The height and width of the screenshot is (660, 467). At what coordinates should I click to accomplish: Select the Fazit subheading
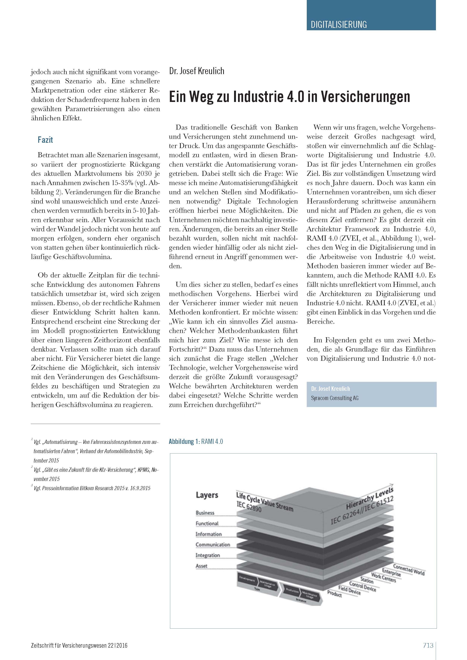(x=45, y=140)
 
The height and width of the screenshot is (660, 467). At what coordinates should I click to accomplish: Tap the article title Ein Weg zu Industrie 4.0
(x=289, y=97)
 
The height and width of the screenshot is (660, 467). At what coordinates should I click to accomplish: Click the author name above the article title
(x=197, y=71)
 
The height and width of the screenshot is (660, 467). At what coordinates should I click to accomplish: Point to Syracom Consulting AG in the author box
(x=335, y=398)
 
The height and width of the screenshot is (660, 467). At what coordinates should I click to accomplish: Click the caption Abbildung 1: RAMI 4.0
(x=196, y=441)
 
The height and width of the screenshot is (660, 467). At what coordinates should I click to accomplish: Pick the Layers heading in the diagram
(x=207, y=495)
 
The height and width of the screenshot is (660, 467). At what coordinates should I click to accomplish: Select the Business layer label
(x=205, y=513)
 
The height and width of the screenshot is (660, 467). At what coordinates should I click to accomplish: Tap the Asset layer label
(x=201, y=566)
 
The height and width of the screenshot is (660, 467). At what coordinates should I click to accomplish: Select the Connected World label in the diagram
(x=409, y=569)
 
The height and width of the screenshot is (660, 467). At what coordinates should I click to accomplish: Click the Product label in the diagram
(x=334, y=593)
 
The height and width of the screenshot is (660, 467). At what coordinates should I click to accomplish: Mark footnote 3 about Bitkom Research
(x=92, y=488)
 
